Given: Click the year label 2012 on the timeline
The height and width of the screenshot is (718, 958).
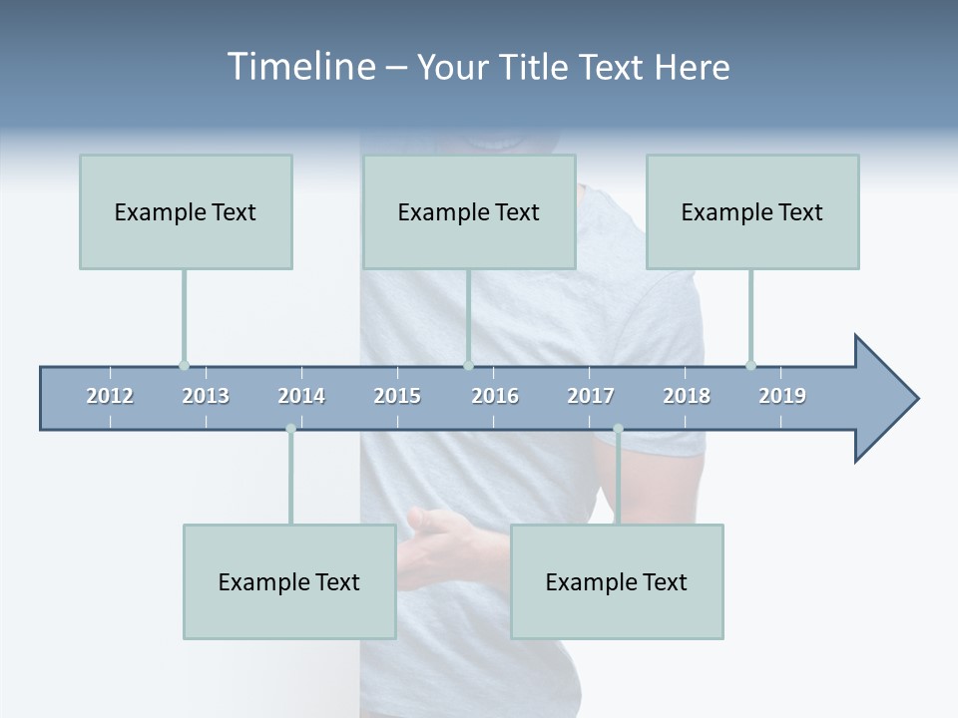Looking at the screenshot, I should pyautogui.click(x=110, y=396).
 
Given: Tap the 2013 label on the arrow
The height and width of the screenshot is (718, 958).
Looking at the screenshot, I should pyautogui.click(x=206, y=396).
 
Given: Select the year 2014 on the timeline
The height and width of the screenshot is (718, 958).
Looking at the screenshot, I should pyautogui.click(x=301, y=396).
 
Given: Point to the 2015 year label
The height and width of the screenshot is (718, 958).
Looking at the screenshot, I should pyautogui.click(x=397, y=396).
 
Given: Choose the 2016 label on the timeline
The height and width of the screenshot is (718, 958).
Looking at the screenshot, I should pyautogui.click(x=495, y=396).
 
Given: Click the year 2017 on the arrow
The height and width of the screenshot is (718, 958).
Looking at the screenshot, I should pyautogui.click(x=591, y=396).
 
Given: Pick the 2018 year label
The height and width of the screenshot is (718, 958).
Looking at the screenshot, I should pyautogui.click(x=687, y=396).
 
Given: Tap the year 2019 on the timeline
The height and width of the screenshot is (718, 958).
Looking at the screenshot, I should pyautogui.click(x=782, y=396).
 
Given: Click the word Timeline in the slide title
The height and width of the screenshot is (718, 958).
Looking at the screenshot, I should pyautogui.click(x=300, y=67).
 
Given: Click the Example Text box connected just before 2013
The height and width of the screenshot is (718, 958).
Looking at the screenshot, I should pyautogui.click(x=186, y=211).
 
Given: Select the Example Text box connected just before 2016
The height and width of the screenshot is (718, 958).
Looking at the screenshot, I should pyautogui.click(x=469, y=211).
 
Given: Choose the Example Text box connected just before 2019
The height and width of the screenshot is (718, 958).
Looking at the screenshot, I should pyautogui.click(x=752, y=211).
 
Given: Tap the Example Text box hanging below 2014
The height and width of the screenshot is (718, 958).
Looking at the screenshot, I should pyautogui.click(x=289, y=581).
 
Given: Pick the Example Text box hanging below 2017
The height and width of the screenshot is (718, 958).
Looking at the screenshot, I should pyautogui.click(x=617, y=581).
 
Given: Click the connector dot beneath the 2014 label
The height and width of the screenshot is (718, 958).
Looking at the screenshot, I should pyautogui.click(x=290, y=429).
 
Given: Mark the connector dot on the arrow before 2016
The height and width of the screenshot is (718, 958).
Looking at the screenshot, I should pyautogui.click(x=468, y=365).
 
